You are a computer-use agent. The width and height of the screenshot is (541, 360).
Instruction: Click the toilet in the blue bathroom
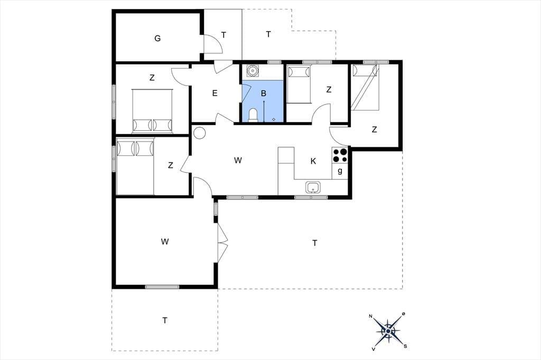(253, 115)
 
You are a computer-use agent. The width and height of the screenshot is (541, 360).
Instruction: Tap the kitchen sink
(313, 187)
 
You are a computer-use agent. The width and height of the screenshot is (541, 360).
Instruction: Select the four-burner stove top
(340, 155)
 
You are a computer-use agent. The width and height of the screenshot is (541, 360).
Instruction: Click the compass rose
(388, 331)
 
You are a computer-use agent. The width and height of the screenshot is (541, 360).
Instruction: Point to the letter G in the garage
(157, 38)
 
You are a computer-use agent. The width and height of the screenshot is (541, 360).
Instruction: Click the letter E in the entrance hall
(214, 93)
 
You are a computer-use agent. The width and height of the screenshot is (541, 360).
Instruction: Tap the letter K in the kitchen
(313, 161)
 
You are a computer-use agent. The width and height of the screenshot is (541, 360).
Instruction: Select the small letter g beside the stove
(340, 170)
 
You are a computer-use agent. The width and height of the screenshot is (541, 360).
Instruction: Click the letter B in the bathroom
(264, 93)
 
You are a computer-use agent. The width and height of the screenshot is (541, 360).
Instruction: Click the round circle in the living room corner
(199, 133)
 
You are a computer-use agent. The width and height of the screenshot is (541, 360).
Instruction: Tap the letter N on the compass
(370, 316)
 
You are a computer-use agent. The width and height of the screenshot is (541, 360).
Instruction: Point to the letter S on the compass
(405, 347)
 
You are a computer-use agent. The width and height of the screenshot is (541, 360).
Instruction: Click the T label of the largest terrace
(314, 243)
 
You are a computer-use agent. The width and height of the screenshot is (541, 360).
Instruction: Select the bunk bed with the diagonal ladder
(365, 87)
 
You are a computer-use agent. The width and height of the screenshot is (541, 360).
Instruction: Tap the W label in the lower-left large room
(165, 241)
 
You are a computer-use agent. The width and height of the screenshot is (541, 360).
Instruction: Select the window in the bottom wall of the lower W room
(162, 287)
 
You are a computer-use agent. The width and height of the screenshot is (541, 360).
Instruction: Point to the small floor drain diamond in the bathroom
(274, 119)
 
